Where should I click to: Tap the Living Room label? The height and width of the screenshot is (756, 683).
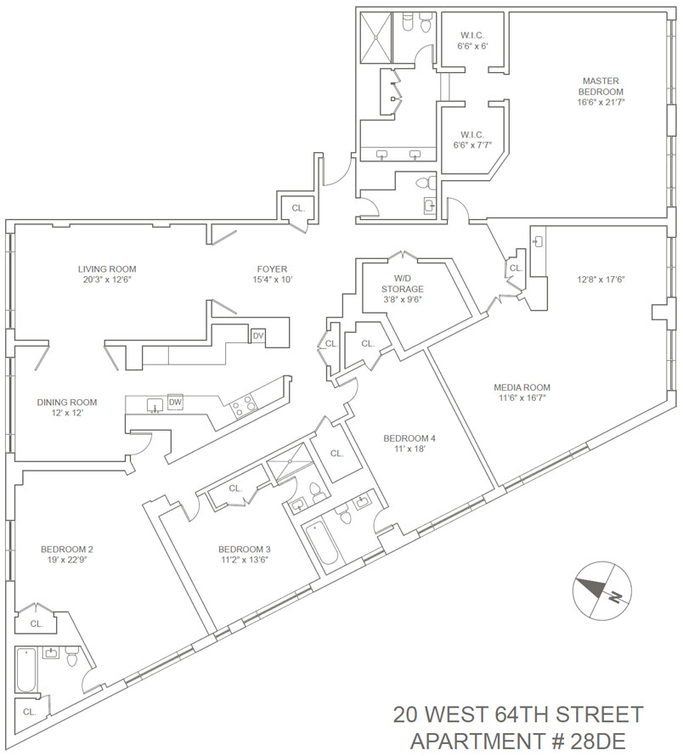tap(107, 274)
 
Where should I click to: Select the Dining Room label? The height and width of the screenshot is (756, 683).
tap(66, 408)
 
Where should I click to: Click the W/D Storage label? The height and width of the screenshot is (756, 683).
tap(402, 288)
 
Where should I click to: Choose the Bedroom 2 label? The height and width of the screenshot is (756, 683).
tap(67, 554)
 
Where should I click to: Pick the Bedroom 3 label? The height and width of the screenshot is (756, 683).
tap(244, 553)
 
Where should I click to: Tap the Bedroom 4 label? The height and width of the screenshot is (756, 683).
tap(409, 443)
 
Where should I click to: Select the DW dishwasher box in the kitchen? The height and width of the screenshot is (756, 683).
tap(176, 402)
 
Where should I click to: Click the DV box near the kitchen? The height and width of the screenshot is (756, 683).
tap(258, 336)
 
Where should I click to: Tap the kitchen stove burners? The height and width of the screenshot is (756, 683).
tap(245, 404)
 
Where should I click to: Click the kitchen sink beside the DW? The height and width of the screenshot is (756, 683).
tap(155, 404)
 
